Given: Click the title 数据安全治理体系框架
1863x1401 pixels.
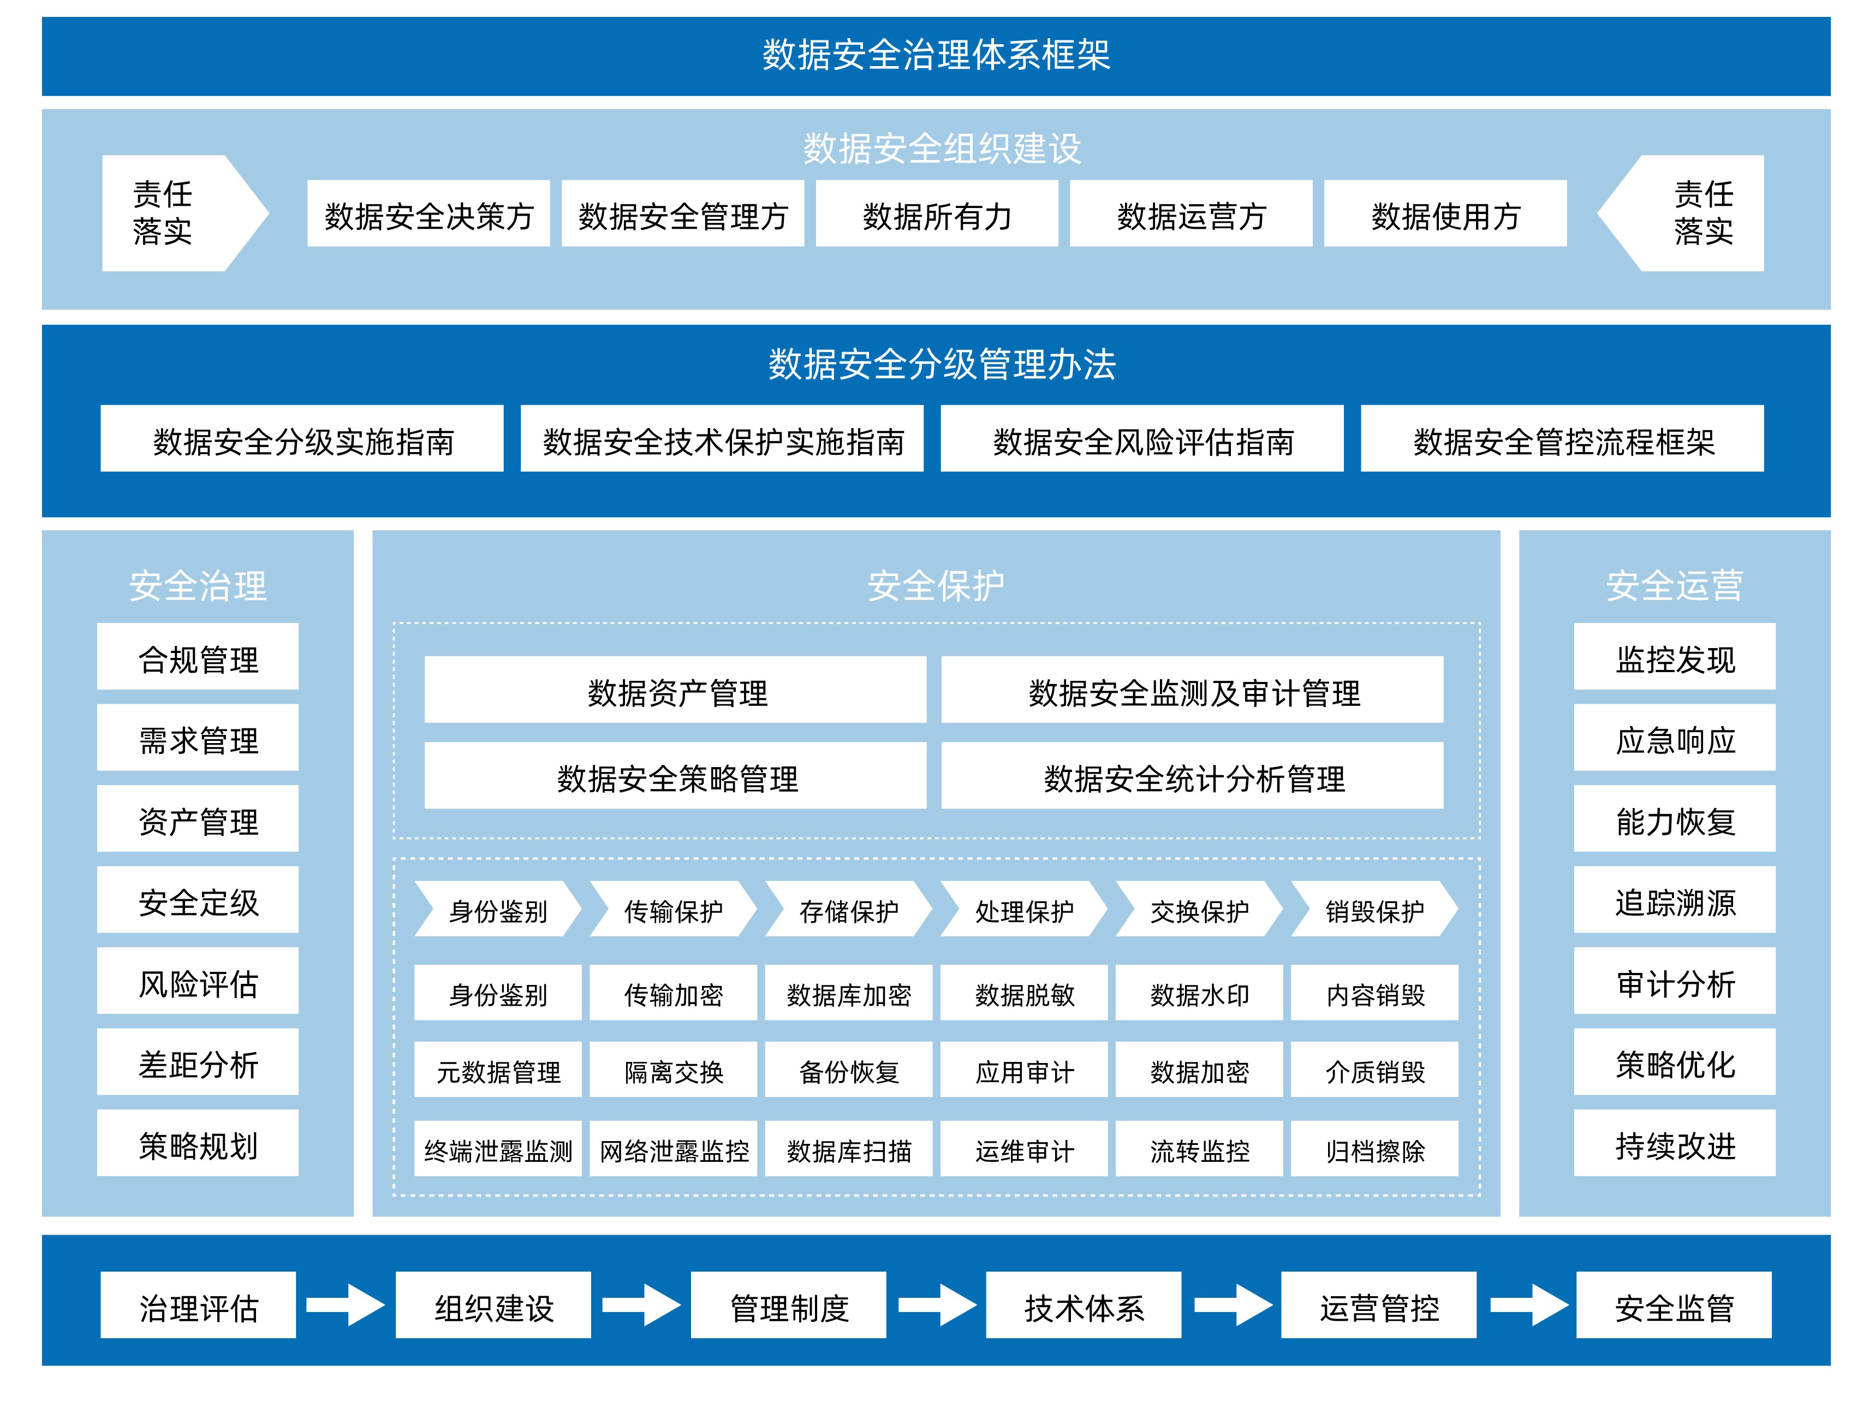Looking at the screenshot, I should [935, 56].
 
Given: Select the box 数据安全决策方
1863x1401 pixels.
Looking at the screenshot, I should [428, 214].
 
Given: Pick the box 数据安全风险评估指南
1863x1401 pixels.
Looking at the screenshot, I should [1141, 439].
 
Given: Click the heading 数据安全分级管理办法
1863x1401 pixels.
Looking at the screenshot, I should [941, 365].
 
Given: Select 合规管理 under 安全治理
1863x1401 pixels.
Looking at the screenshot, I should [198, 657].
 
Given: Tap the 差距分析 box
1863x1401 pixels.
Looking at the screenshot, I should [198, 1062].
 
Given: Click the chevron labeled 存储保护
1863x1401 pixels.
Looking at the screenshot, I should [848, 909].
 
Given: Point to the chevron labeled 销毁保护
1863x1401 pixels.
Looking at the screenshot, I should [1374, 909].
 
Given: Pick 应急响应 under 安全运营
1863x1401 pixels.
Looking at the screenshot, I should [1674, 738].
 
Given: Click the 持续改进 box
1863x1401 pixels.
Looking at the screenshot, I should [1674, 1143].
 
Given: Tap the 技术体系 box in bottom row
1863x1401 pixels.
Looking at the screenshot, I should [1083, 1306].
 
